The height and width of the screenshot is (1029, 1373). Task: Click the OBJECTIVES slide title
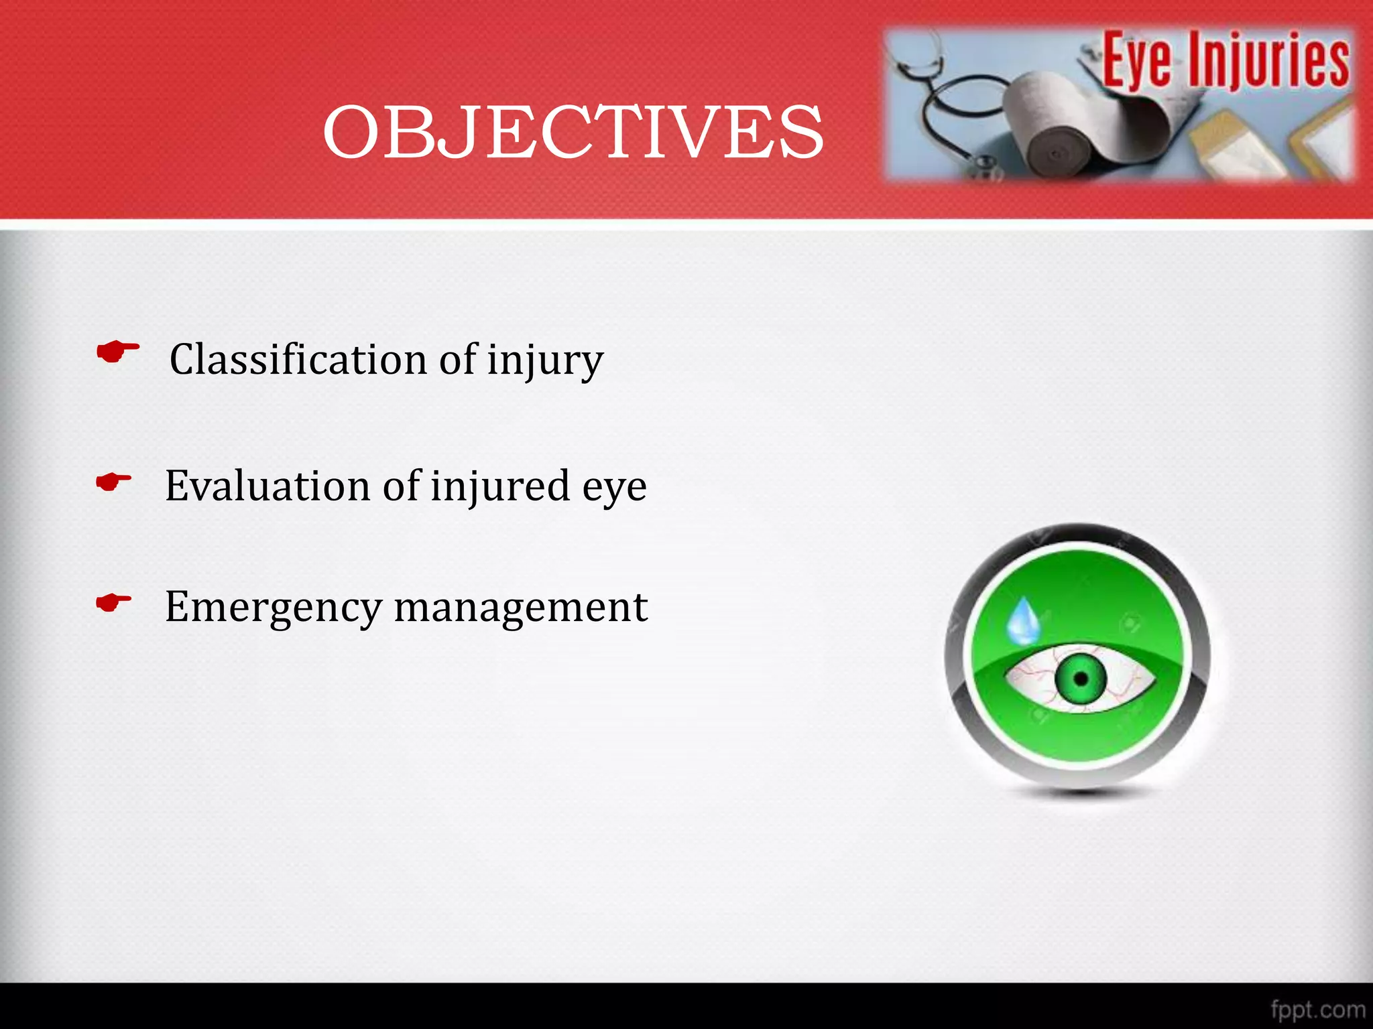pyautogui.click(x=573, y=133)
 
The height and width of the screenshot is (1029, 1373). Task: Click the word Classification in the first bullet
pyautogui.click(x=298, y=360)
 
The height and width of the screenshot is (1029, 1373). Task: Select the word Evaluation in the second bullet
pyautogui.click(x=267, y=486)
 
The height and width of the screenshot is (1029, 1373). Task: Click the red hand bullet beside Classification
pyautogui.click(x=118, y=351)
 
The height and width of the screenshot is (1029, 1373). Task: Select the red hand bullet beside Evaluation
pyautogui.click(x=113, y=482)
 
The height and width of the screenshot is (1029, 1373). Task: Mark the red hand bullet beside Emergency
pyautogui.click(x=113, y=602)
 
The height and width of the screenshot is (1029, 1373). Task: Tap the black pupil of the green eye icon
pyautogui.click(x=1081, y=679)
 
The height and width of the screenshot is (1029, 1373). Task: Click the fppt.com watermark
pyautogui.click(x=1317, y=1009)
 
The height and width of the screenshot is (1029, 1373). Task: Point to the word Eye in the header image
pyautogui.click(x=1137, y=62)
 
